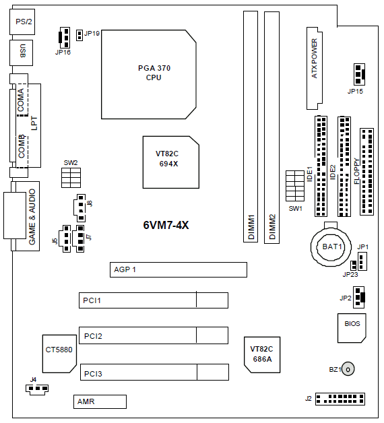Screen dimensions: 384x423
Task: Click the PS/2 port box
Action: tap(22, 22)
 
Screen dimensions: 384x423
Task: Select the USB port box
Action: tap(22, 53)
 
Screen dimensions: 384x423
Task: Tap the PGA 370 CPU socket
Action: tap(149, 75)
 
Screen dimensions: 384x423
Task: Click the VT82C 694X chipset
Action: tap(171, 162)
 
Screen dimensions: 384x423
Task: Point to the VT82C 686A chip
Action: tap(262, 355)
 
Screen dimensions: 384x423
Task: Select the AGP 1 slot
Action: tap(179, 269)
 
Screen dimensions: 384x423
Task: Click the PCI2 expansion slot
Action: tap(154, 335)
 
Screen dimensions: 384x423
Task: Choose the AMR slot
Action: tap(100, 401)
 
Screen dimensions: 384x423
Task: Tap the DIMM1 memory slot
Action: tap(251, 127)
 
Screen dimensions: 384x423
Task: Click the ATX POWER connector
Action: tap(315, 68)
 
